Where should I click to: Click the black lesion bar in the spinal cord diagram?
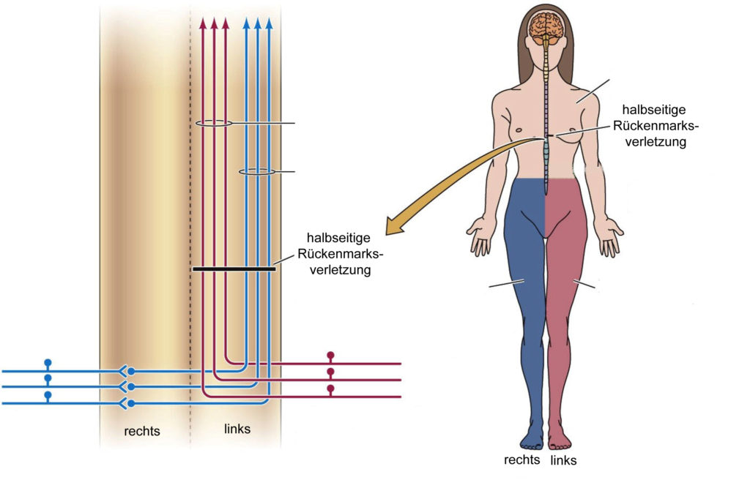(234, 269)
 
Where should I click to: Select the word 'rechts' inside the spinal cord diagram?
(142, 431)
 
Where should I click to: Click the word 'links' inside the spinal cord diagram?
(237, 429)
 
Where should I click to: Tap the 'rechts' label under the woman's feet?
(522, 460)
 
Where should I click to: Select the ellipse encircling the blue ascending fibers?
(257, 172)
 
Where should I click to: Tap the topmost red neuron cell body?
(330, 356)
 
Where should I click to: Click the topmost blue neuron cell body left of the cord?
(48, 362)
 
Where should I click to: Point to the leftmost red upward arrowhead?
(203, 23)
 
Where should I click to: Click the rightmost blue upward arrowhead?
(270, 23)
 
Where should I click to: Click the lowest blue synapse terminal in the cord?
(131, 403)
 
